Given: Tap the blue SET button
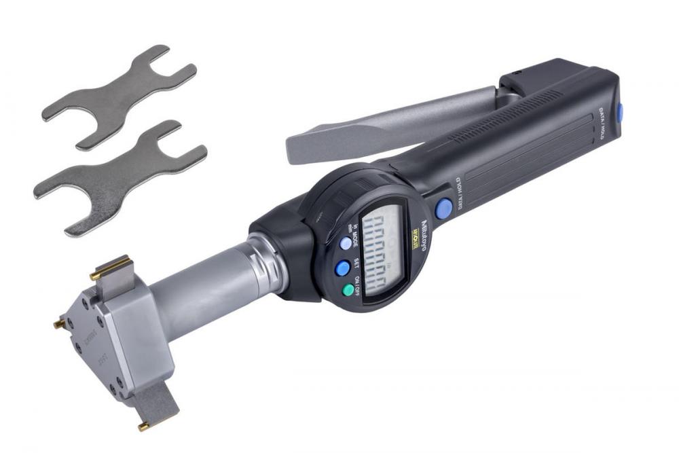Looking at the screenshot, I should [342, 268].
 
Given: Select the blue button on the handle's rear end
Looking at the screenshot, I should [619, 111].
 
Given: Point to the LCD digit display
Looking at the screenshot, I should [382, 252].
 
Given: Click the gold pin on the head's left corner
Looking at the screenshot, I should [59, 325].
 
